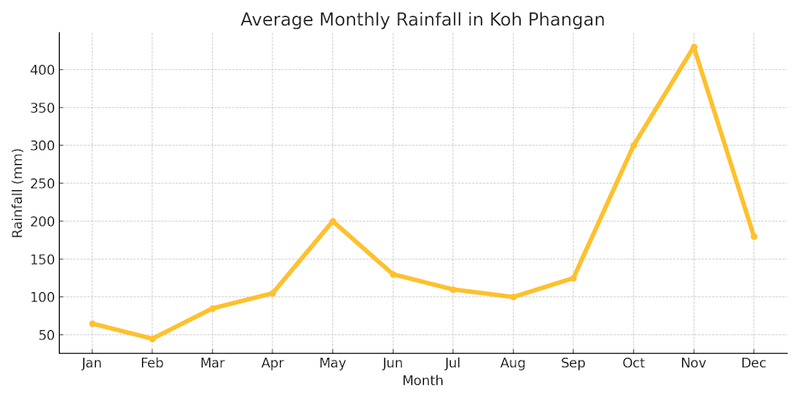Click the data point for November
694,47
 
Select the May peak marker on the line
333,221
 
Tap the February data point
152,339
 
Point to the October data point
633,146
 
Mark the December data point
754,237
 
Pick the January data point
93,323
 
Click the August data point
513,297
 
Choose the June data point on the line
393,275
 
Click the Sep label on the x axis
573,364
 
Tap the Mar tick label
212,364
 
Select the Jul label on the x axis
452,364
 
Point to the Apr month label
272,364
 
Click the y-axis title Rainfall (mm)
18,192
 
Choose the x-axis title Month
422,381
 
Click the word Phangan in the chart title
565,19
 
